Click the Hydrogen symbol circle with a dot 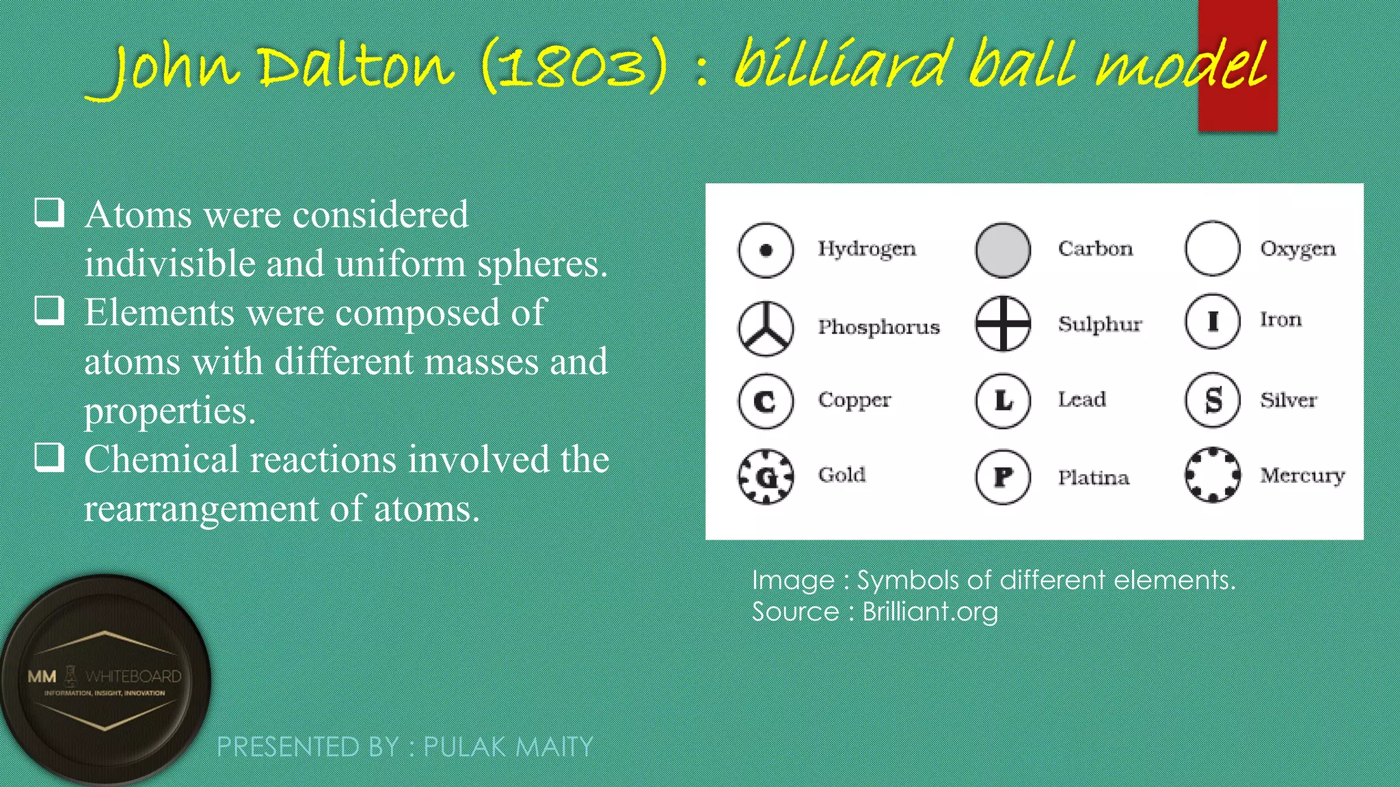click(766, 250)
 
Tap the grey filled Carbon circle click(1003, 250)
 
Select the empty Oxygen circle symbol click(1212, 249)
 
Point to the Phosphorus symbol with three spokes click(766, 329)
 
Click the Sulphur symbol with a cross click(1003, 323)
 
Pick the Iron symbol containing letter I click(1212, 321)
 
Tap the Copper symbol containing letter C click(766, 401)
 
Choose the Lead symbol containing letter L click(1003, 401)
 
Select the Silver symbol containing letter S click(1212, 400)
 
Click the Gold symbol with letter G click(766, 477)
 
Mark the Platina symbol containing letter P click(1003, 477)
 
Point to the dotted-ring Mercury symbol click(1212, 475)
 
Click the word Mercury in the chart click(1302, 475)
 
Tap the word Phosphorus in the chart click(878, 327)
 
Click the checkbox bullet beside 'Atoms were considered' click(49, 212)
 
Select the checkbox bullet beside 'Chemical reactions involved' click(49, 457)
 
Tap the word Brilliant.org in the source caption click(930, 611)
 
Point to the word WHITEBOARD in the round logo click(133, 676)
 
